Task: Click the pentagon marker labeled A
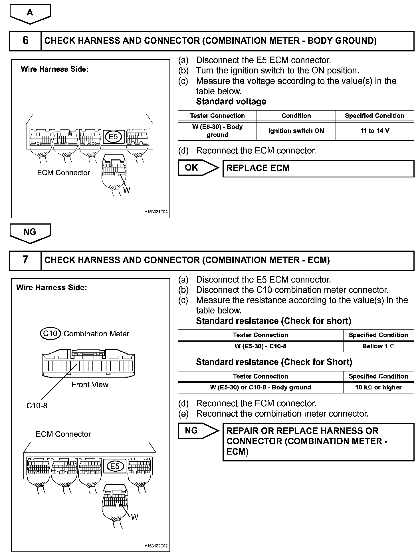30,13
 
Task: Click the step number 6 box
25,41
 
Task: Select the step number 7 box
25,260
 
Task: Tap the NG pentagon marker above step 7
30,232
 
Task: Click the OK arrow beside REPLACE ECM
197,168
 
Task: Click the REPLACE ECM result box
318,168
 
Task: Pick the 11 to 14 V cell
375,131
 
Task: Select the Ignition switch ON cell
296,131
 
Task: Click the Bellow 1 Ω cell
378,346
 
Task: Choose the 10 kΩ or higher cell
378,387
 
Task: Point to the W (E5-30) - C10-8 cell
260,346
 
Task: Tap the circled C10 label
50,334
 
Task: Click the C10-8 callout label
37,406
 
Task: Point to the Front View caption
90,385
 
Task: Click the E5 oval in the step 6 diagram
114,137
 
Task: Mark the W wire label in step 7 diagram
135,517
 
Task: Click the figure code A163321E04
156,212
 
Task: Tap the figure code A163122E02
156,546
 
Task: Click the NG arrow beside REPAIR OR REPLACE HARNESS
197,431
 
